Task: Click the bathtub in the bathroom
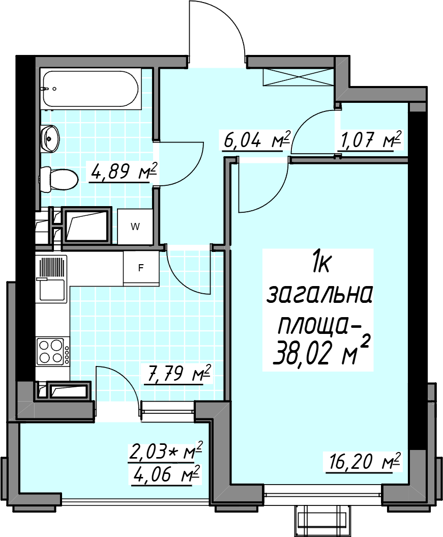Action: point(91,89)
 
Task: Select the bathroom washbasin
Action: point(50,138)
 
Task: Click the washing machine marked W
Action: point(135,227)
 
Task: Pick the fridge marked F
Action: point(141,268)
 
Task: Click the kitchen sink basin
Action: point(52,290)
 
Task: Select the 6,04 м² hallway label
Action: point(256,139)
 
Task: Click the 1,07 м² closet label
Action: point(369,139)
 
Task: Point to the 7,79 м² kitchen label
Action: point(178,374)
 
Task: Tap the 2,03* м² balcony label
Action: point(166,450)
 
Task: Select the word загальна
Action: point(319,296)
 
